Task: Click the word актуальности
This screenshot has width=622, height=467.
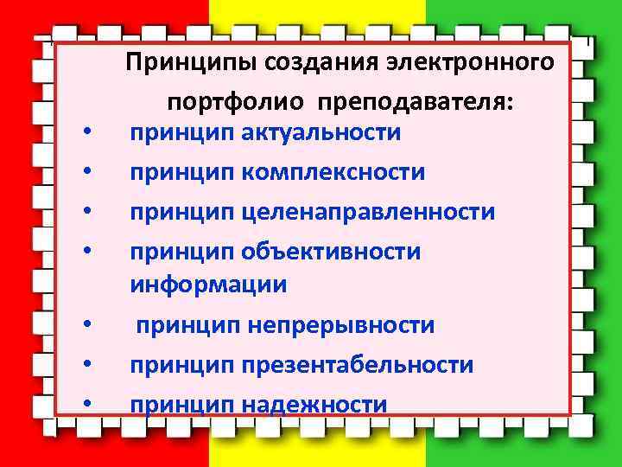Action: [321, 133]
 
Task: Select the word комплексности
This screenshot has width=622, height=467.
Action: [333, 172]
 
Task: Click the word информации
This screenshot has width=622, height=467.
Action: [208, 285]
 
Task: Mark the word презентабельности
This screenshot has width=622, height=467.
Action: [358, 365]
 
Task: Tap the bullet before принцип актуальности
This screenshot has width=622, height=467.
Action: [87, 135]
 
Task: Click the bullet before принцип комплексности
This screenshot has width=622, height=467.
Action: [87, 174]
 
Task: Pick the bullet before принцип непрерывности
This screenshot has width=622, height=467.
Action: [87, 327]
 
